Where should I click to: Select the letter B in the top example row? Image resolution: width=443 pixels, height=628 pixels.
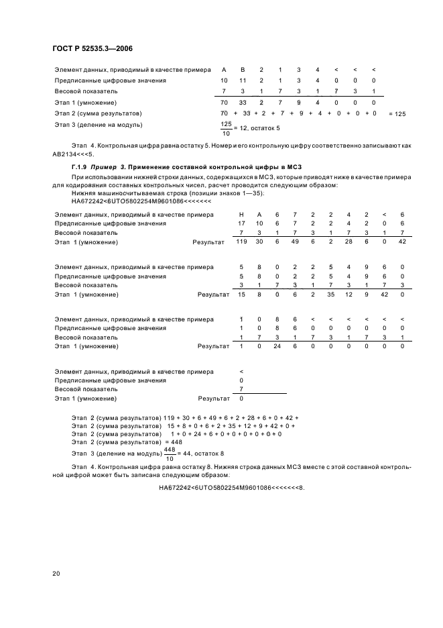click(243, 70)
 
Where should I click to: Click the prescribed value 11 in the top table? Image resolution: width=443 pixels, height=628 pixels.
click(243, 81)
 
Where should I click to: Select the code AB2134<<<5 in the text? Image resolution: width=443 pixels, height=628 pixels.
click(87, 154)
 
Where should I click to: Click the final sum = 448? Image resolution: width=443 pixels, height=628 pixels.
click(173, 442)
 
